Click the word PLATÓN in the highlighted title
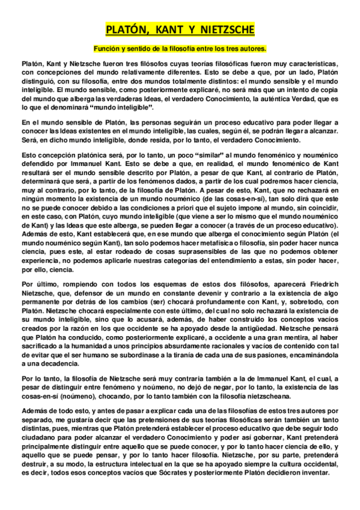pos(126,30)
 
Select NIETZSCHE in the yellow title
pos(224,30)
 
